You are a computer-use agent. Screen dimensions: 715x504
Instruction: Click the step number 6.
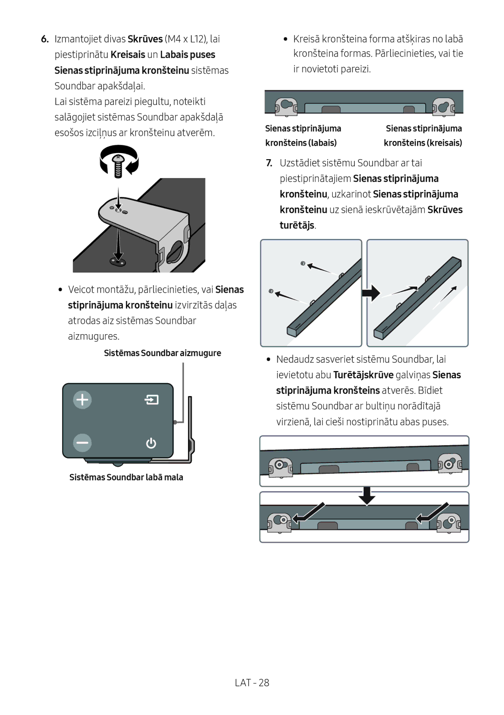point(45,39)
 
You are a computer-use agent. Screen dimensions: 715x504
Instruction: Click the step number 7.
point(269,163)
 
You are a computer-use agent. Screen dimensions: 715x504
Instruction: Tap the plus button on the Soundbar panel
point(82,400)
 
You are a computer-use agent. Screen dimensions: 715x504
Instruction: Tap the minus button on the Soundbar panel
point(82,443)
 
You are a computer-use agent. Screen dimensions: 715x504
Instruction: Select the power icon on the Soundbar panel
point(151,443)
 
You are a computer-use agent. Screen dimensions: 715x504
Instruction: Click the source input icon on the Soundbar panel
point(151,400)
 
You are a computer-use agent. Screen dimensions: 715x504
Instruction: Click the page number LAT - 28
point(252,683)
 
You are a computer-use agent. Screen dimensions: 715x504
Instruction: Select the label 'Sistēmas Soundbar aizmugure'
point(162,353)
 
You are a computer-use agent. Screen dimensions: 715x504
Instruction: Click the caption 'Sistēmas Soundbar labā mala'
point(126,477)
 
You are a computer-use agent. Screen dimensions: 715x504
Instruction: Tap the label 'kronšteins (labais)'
point(301,143)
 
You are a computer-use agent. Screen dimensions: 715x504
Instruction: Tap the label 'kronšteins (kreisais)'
point(423,143)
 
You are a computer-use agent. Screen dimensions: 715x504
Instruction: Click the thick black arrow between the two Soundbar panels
point(371,293)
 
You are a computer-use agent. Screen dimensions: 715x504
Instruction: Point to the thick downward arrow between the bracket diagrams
point(367,496)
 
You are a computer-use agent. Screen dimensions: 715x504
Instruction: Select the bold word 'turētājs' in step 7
point(297,225)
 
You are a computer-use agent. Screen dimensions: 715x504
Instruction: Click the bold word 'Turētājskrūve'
point(363,375)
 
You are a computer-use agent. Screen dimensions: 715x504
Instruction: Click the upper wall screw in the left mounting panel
point(303,264)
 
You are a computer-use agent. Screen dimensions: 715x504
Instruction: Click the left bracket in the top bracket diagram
point(286,106)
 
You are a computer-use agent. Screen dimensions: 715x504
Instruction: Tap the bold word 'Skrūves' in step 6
point(145,39)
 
